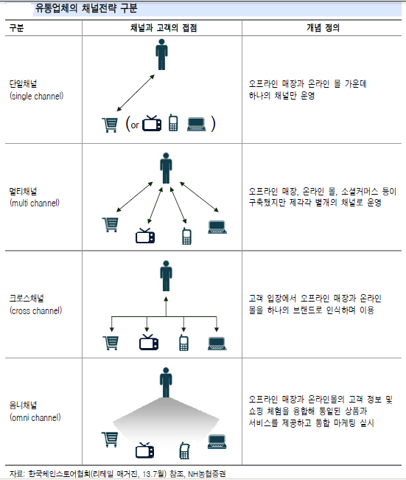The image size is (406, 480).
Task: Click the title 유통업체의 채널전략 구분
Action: pyautogui.click(x=86, y=8)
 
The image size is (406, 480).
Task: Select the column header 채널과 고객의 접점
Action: pyautogui.click(x=164, y=28)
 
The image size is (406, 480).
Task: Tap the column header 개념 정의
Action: pyautogui.click(x=323, y=28)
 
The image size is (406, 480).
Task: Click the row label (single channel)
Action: pyautogui.click(x=36, y=96)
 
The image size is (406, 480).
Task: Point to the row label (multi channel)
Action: pyautogui.click(x=35, y=203)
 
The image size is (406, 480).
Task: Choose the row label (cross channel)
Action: pyautogui.click(x=36, y=310)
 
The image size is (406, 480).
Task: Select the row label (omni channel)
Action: pyautogui.click(x=35, y=417)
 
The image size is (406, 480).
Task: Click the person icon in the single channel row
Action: pyautogui.click(x=161, y=55)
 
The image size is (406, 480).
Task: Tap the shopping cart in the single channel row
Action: pyautogui.click(x=110, y=125)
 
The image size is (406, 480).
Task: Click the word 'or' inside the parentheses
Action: pyautogui.click(x=135, y=125)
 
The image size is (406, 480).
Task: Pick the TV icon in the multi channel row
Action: pyautogui.click(x=145, y=236)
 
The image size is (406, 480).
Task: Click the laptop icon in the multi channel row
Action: pyautogui.click(x=217, y=227)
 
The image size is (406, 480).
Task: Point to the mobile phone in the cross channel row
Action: pyautogui.click(x=183, y=343)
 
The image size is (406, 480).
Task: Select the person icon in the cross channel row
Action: pyautogui.click(x=166, y=276)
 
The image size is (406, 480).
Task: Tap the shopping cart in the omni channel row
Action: pyautogui.click(x=110, y=439)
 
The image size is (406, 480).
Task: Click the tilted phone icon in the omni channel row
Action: pyautogui.click(x=184, y=451)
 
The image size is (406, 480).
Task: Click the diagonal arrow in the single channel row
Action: pyautogui.click(x=136, y=93)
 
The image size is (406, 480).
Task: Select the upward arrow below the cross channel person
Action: pyautogui.click(x=166, y=306)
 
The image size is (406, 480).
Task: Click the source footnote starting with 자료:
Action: pyautogui.click(x=117, y=474)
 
